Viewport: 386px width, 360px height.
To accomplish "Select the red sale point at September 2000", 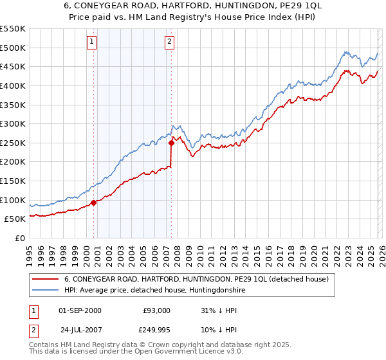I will coord(94,203).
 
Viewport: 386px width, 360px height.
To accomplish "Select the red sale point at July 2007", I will coord(172,143).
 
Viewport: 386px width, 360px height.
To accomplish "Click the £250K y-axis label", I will coord(13,143).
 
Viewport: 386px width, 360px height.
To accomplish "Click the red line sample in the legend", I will coord(46,279).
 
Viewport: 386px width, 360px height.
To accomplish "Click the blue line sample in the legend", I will coord(46,291).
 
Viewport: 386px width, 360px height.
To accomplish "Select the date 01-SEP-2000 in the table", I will coord(80,310).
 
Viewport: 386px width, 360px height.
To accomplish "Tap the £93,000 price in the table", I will coord(156,310).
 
